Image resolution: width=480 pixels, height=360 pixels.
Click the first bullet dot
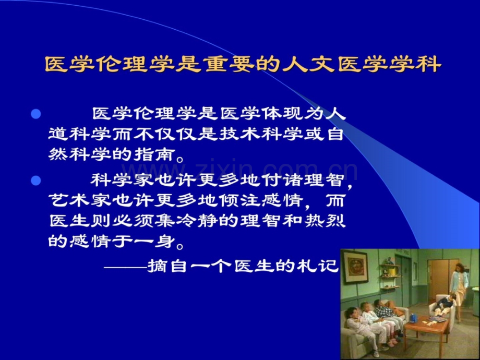tap(36, 114)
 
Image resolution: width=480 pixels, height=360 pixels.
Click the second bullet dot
tap(36, 181)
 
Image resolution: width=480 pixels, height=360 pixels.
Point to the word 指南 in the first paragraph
tap(154, 154)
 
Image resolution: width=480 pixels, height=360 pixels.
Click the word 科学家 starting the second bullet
tap(121, 181)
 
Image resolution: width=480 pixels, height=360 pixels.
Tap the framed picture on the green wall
tap(354, 267)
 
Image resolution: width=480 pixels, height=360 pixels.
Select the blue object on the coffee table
tap(414, 318)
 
